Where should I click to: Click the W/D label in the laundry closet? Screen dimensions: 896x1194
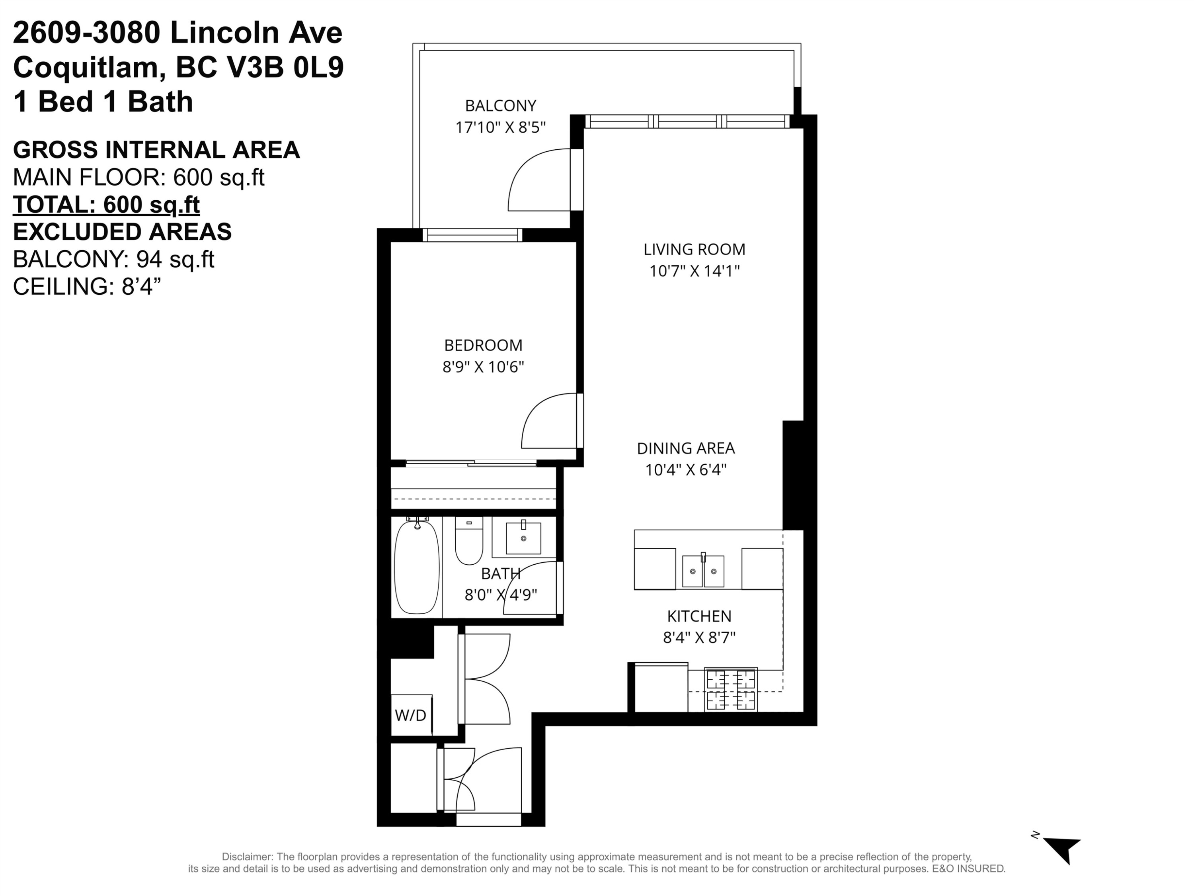(410, 715)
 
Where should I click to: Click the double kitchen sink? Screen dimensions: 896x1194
(703, 571)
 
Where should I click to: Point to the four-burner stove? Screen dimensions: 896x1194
(731, 690)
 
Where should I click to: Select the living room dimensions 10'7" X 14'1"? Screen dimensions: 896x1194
(694, 270)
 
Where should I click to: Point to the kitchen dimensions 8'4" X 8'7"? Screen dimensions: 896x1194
(699, 638)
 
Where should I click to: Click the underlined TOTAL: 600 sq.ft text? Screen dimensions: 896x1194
(106, 205)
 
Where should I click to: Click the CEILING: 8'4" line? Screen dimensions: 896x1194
(87, 286)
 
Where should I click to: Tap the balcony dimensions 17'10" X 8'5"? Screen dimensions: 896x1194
(500, 127)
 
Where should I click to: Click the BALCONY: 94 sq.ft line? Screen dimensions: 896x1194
(113, 259)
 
